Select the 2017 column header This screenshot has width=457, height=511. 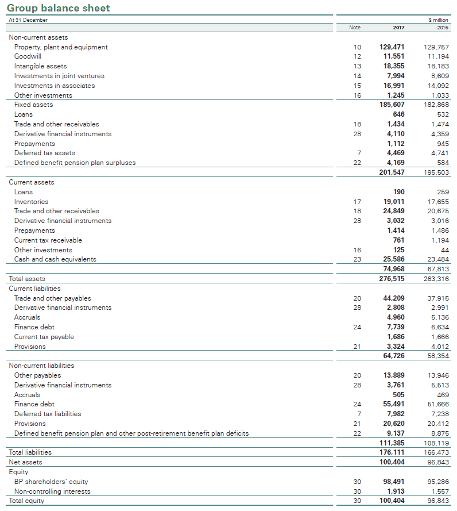[398, 28]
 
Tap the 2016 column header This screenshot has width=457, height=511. [442, 28]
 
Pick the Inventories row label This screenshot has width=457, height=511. [31, 202]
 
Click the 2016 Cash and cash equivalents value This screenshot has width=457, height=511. [439, 259]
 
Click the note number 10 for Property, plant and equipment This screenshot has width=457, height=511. [357, 47]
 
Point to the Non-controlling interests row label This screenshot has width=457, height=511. [52, 491]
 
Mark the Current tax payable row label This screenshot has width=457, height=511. [44, 337]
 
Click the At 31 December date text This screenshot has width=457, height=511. [28, 20]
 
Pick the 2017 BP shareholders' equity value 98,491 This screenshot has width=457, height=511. [393, 482]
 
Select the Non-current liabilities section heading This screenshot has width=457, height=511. [41, 366]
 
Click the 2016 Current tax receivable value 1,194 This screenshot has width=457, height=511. [440, 240]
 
